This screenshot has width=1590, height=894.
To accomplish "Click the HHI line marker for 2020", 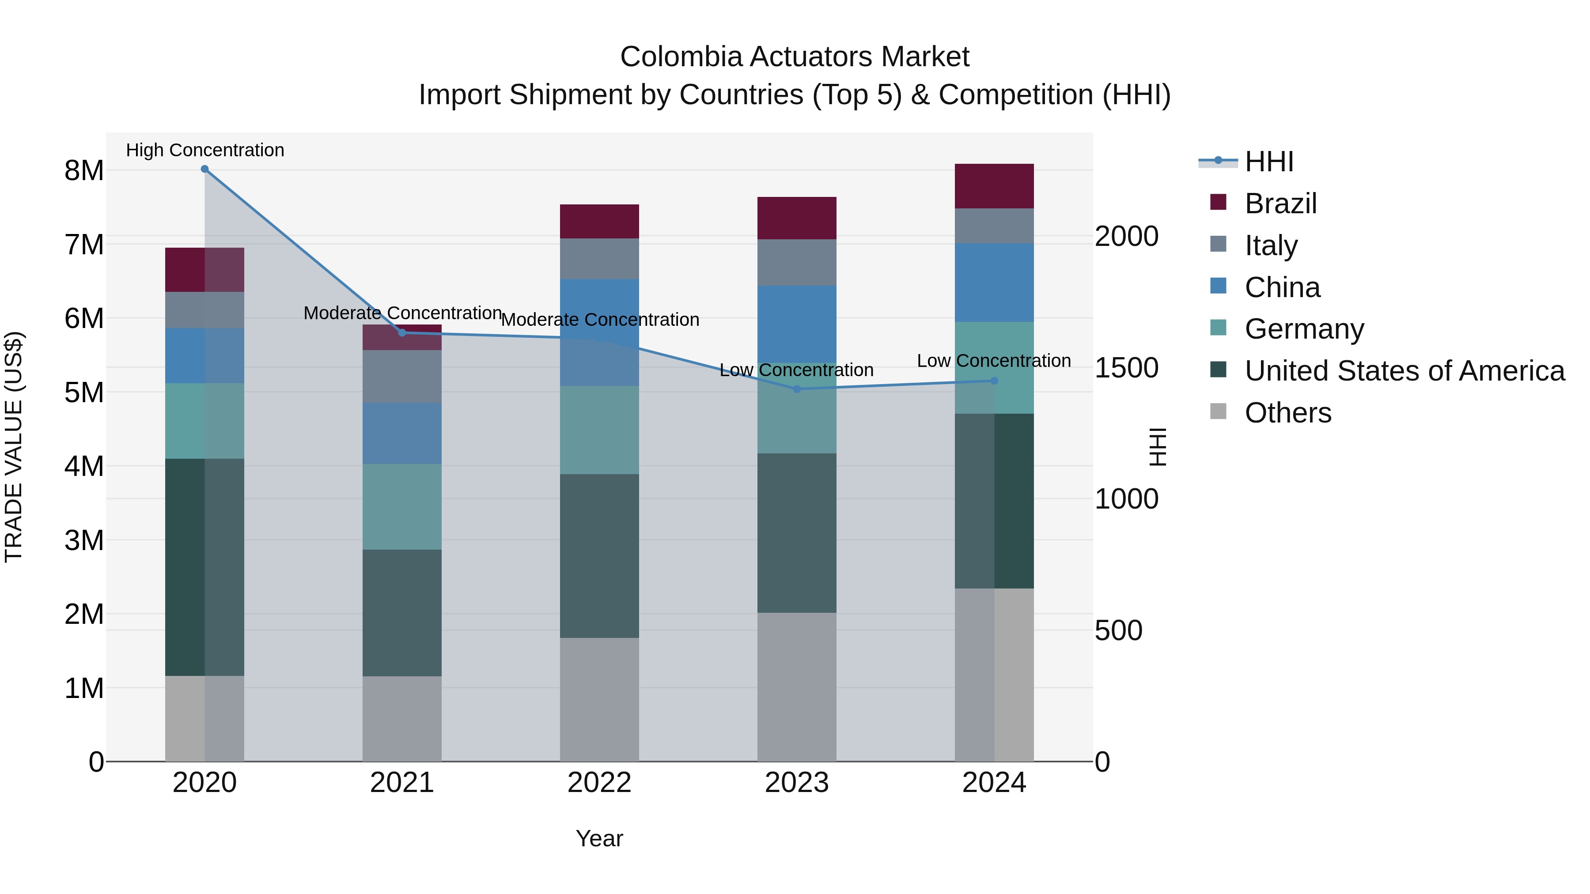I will (205, 169).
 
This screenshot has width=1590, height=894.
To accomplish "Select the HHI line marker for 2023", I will (796, 389).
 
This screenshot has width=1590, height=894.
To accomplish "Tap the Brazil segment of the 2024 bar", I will (994, 186).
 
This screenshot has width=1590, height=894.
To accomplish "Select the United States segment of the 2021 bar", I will (402, 613).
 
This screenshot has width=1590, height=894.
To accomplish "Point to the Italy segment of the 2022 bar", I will (599, 259).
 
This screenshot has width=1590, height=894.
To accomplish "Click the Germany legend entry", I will (1304, 329).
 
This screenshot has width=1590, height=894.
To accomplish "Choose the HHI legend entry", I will (1268, 162).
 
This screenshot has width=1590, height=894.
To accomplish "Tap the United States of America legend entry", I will (1404, 371).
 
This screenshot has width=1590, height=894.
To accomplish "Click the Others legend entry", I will (1287, 413).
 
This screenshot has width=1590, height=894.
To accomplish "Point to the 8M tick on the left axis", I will (84, 171).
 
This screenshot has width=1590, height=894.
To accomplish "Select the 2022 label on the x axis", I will (599, 783).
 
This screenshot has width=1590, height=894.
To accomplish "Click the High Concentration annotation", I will (205, 150).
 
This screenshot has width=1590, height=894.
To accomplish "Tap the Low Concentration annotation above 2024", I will (994, 361).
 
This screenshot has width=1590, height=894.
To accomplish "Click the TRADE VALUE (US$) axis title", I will (14, 447).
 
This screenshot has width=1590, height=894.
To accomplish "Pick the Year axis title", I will (599, 838).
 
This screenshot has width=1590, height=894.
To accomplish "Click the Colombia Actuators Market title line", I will (795, 57).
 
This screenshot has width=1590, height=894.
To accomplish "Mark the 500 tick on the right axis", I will (1118, 630).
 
